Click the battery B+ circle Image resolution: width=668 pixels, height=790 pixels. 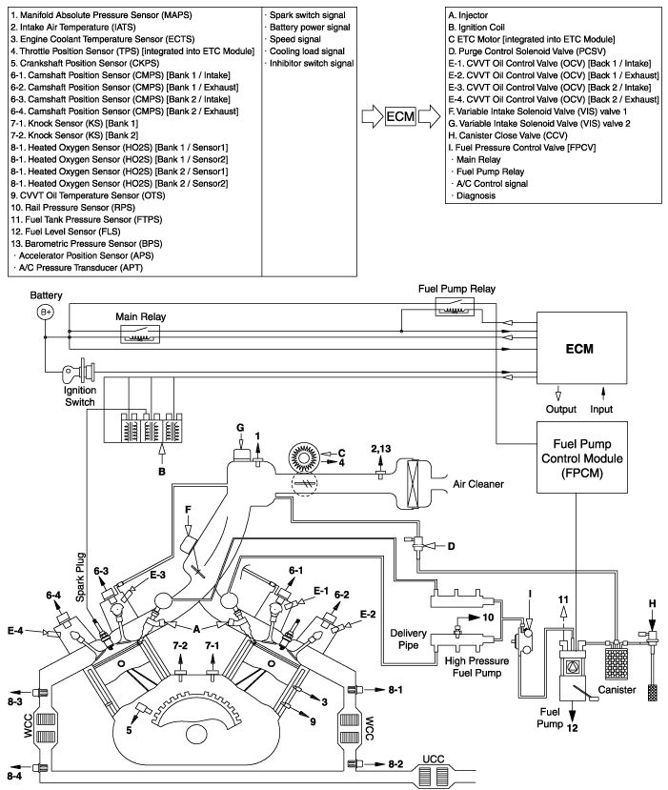(45, 312)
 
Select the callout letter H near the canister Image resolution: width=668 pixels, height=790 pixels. (654, 604)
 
